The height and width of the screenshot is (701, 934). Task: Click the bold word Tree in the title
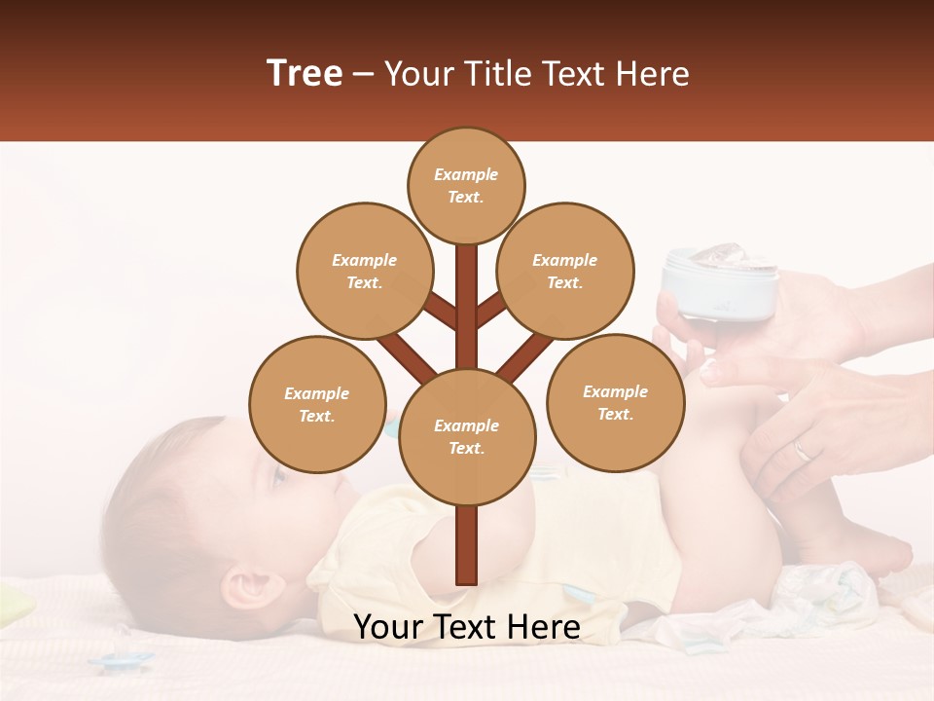tap(305, 73)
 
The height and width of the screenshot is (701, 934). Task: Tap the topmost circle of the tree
tap(466, 185)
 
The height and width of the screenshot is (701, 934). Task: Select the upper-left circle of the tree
tap(364, 271)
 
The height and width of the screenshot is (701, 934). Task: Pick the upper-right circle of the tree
tap(565, 271)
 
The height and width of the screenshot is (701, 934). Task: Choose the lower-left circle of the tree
tap(317, 404)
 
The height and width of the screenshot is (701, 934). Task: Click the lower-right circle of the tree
tap(615, 402)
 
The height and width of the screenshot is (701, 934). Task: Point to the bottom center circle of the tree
tap(467, 436)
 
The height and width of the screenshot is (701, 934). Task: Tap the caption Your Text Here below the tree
tap(466, 627)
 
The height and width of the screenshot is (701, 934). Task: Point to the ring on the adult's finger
tap(801, 450)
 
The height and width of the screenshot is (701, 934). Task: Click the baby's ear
tap(245, 588)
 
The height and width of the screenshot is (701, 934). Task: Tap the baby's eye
tap(279, 476)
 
